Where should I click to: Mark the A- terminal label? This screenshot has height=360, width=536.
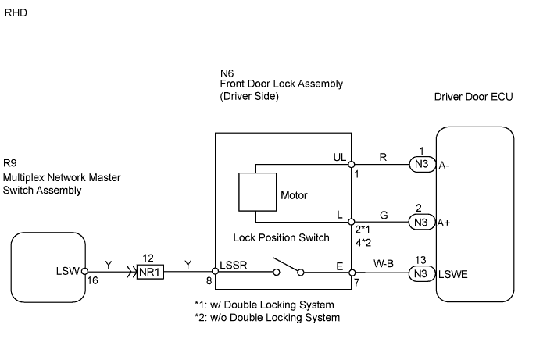point(444,165)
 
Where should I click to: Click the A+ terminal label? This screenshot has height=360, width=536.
point(445,221)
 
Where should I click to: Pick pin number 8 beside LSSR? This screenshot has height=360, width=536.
point(209,280)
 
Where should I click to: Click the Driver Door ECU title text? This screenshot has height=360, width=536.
point(470,97)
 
